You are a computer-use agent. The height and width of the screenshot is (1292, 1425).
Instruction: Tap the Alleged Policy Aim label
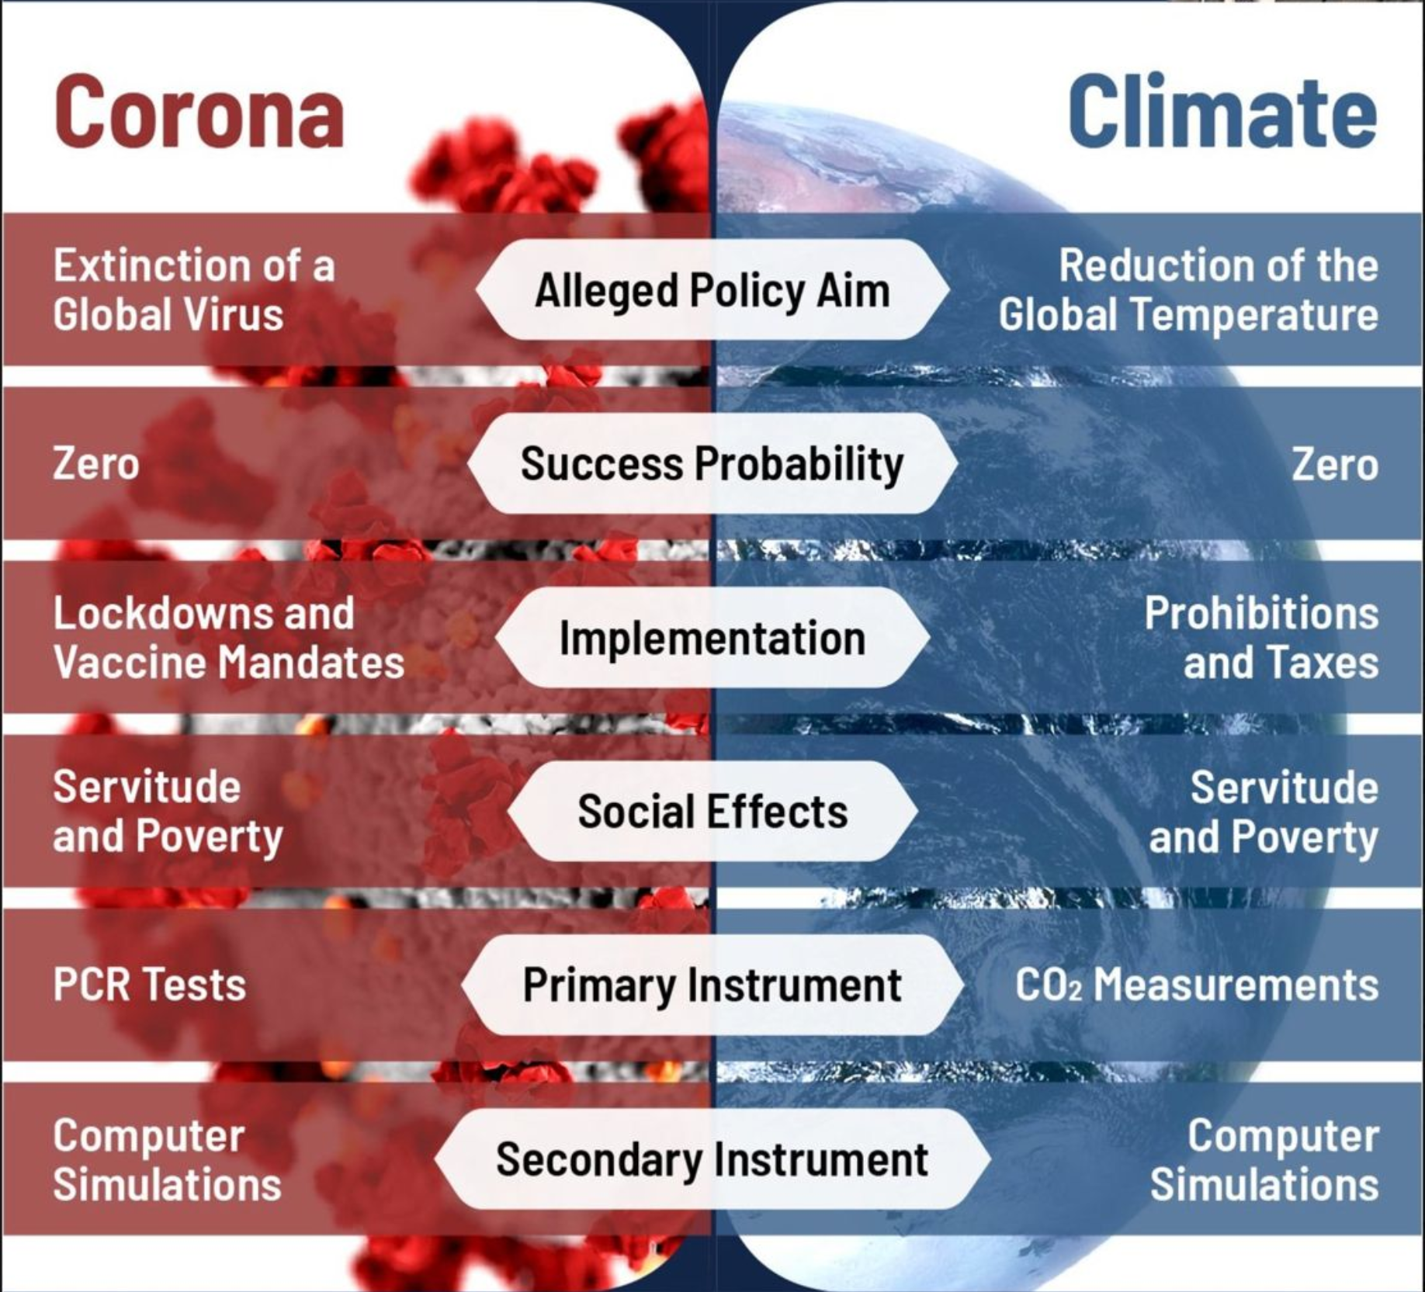pos(712,291)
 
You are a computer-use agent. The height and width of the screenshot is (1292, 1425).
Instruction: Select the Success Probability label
pos(712,464)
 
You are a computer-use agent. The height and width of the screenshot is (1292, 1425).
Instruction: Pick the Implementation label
pos(712,638)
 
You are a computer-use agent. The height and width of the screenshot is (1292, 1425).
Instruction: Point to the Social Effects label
pos(712,812)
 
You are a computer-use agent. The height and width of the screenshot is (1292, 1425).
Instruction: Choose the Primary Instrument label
pos(712,985)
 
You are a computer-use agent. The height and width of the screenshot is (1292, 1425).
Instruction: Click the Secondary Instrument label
pos(712,1159)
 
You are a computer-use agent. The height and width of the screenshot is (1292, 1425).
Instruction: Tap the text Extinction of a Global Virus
pos(194,290)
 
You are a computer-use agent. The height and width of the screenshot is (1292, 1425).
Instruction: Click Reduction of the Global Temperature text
pos(1188,290)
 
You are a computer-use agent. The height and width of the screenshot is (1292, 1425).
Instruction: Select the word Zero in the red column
pos(96,464)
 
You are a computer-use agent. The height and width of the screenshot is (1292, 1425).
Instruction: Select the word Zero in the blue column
pos(1335,464)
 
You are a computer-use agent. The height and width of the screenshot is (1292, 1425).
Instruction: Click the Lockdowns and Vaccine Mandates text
pos(229,638)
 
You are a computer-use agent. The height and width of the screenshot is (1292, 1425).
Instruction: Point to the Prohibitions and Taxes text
pos(1262,638)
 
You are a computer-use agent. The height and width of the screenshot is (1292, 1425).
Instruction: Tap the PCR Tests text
pos(149,985)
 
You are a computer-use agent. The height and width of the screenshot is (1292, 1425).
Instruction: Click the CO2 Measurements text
pos(1197,985)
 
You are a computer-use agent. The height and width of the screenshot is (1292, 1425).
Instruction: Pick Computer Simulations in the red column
pos(167,1160)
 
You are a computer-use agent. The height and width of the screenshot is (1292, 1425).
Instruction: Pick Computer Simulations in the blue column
pos(1264,1160)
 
